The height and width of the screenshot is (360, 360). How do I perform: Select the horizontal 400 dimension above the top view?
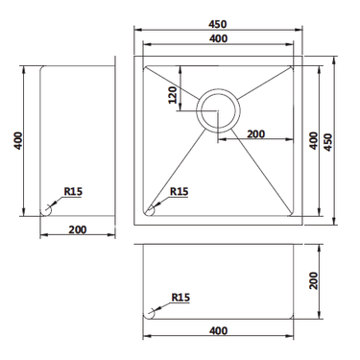pos(219,38)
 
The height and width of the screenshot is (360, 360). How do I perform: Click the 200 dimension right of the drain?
pos(255,133)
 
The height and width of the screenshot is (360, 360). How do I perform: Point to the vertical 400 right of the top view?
pos(313,139)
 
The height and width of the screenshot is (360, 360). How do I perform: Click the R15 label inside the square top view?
pos(179,191)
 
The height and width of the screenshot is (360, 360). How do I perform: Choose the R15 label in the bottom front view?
pos(179,298)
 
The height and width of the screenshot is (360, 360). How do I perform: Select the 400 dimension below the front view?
pos(219,331)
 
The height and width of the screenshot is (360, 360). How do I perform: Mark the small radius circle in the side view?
pos(47,208)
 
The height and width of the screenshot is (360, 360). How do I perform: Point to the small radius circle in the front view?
pos(150,313)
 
